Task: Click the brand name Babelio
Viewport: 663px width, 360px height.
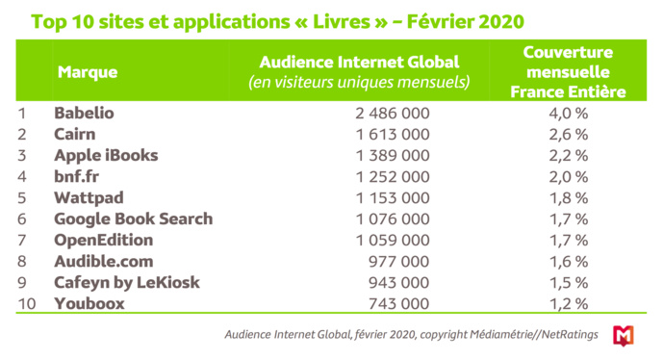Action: (84, 113)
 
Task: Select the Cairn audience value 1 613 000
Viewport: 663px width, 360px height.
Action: (393, 134)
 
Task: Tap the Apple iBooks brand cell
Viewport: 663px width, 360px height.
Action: (106, 155)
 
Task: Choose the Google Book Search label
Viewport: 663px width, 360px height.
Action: (134, 219)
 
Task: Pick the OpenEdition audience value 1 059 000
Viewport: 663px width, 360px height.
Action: (393, 239)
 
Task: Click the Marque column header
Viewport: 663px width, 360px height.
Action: (88, 72)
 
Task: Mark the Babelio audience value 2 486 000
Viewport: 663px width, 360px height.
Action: (393, 113)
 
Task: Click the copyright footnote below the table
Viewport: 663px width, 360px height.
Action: (409, 334)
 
